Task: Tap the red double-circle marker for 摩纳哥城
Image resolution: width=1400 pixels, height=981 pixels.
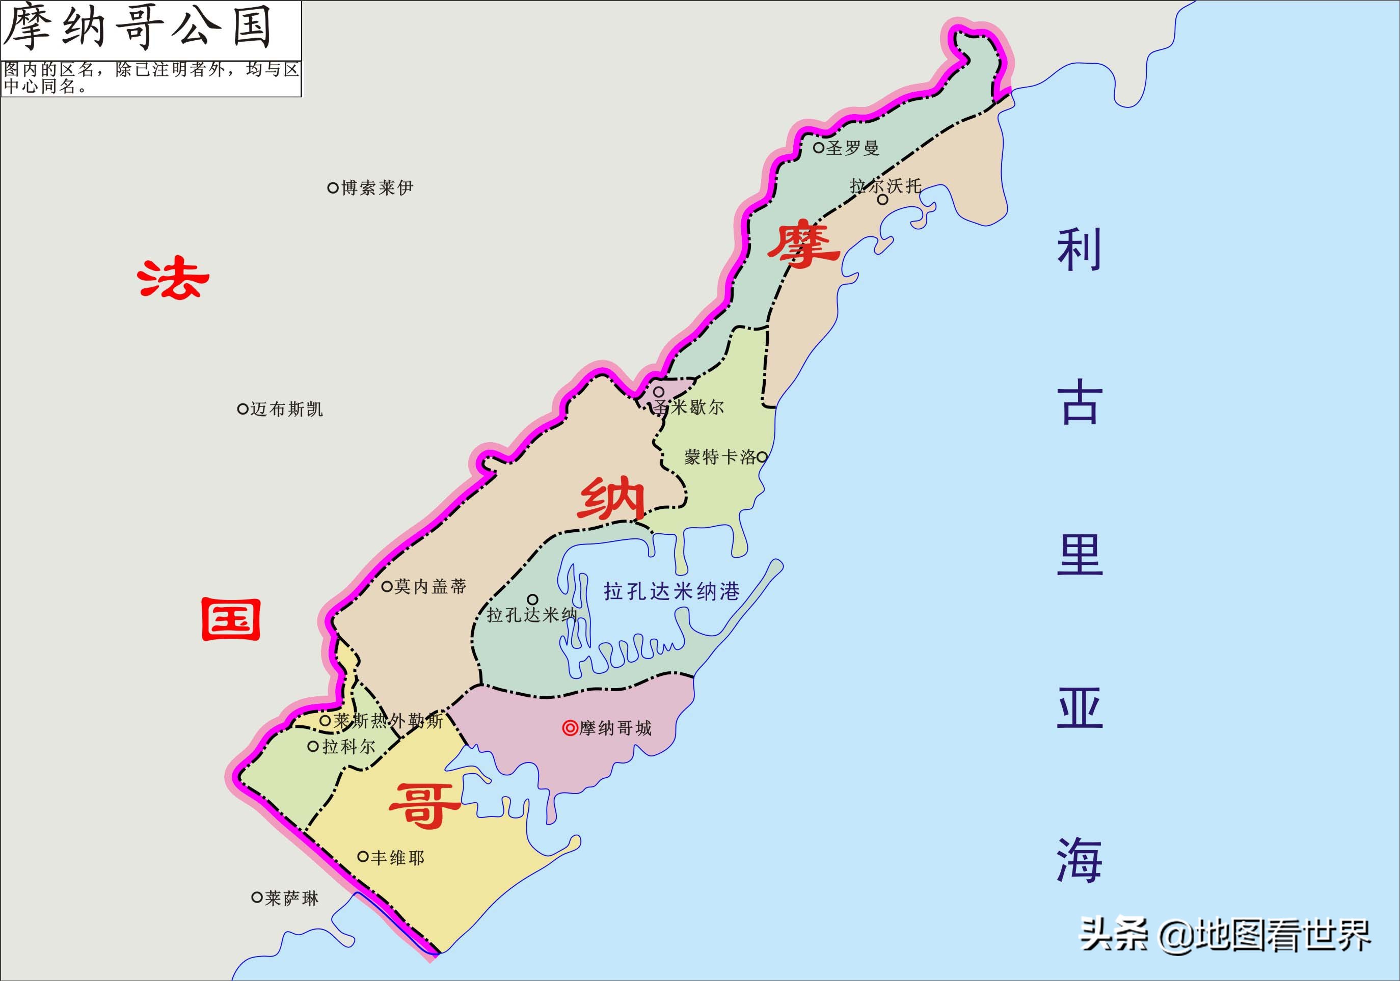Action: coord(570,728)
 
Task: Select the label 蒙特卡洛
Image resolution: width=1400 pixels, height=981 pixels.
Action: coord(719,457)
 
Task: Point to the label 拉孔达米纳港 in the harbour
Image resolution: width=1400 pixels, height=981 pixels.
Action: coord(671,591)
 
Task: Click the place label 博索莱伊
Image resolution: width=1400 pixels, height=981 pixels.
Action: coord(376,188)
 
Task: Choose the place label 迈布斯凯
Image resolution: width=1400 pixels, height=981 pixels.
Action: coord(285,409)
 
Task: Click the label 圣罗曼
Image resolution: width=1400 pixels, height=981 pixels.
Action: coord(852,148)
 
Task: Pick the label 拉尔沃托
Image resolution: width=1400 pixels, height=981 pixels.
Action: coord(885,185)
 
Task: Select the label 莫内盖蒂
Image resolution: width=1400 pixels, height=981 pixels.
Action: coord(429,587)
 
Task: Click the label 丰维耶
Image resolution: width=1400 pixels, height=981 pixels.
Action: coord(396,858)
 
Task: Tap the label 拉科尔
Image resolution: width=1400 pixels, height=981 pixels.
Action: coord(347,746)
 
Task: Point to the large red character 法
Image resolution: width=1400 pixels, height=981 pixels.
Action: coord(173,279)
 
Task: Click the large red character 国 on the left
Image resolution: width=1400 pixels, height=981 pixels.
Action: coord(231,619)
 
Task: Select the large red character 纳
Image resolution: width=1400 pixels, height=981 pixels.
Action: coord(611,500)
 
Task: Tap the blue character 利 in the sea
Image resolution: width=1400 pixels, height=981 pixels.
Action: coord(1079,250)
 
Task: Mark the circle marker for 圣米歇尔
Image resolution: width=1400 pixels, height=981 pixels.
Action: coord(659,391)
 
